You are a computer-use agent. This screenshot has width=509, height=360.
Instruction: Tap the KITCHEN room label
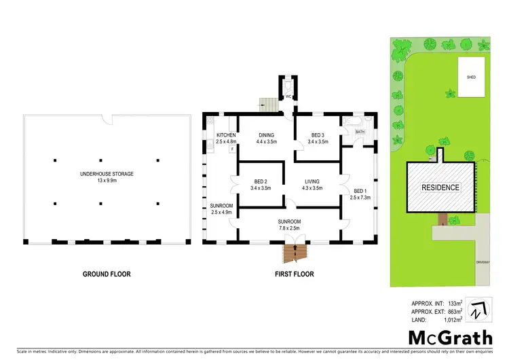click(x=225, y=135)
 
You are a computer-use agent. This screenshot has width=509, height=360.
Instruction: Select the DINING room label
click(x=266, y=135)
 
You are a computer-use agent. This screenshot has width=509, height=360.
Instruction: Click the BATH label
click(x=360, y=132)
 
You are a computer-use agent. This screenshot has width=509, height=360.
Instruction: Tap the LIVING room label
click(x=312, y=181)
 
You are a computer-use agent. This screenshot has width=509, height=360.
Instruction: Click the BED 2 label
click(x=261, y=181)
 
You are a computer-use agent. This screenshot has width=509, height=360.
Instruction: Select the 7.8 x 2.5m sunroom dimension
click(x=289, y=228)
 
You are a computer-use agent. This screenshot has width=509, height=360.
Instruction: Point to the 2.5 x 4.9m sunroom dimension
click(x=222, y=212)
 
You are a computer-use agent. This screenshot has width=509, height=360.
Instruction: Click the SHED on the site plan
click(x=471, y=77)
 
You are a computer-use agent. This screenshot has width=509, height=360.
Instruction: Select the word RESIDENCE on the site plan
click(x=440, y=187)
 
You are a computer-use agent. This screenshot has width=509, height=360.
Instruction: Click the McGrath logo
click(x=445, y=337)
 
